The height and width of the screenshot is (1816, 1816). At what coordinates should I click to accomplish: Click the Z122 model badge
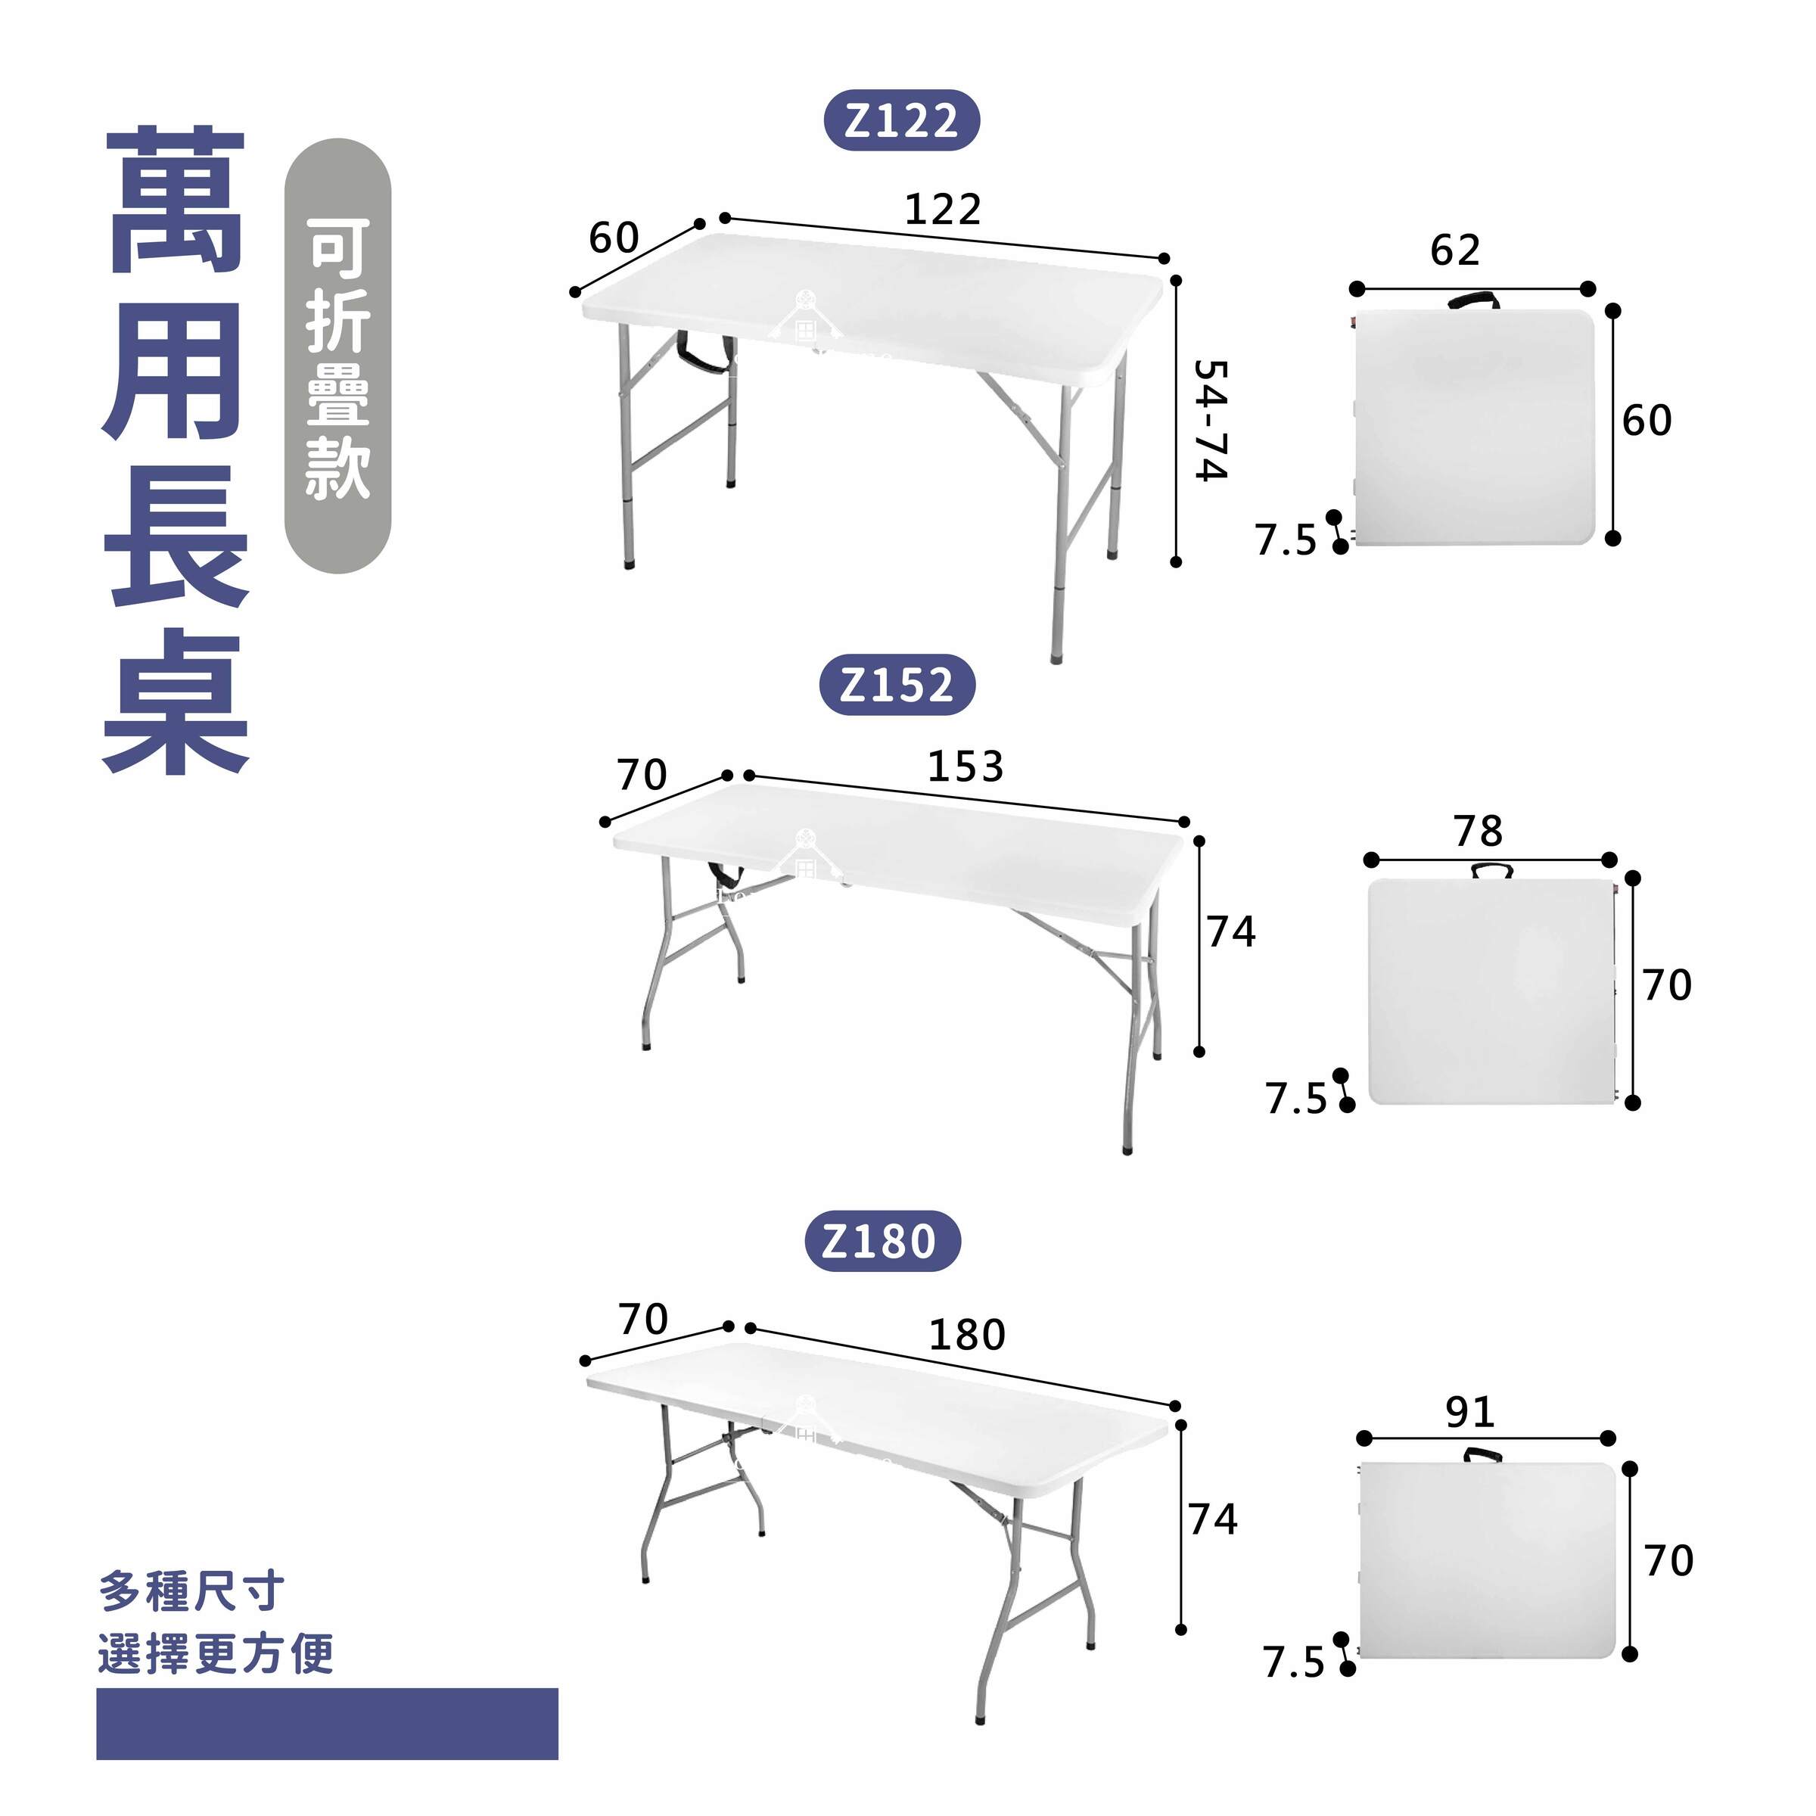[901, 120]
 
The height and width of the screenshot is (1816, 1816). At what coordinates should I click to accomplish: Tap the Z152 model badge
[897, 686]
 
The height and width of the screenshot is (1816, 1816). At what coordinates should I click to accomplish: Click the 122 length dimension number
[943, 209]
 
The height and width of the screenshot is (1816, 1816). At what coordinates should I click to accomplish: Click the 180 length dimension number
[967, 1335]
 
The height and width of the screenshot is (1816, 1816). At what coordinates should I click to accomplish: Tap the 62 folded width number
[1455, 250]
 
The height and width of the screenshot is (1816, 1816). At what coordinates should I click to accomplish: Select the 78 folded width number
[1479, 831]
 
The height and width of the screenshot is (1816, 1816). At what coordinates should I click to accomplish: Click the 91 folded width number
[1470, 1412]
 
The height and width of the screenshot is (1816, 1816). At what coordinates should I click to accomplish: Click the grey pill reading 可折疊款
[337, 356]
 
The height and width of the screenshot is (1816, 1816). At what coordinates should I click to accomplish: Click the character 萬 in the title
[176, 201]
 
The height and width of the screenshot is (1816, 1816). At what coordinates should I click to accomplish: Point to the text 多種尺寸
[191, 1591]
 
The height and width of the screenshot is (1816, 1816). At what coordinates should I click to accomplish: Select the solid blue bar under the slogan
[327, 1723]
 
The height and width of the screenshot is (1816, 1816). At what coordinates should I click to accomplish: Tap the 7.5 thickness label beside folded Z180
[1293, 1663]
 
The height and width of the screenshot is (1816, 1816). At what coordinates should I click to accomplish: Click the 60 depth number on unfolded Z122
[614, 238]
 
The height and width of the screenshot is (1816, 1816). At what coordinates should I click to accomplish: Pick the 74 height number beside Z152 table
[1231, 931]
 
